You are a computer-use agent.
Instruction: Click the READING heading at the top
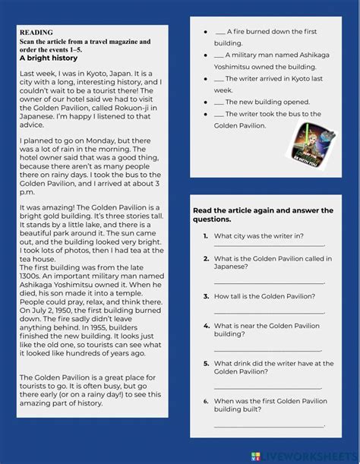tap(36, 32)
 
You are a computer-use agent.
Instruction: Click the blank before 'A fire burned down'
tap(220, 33)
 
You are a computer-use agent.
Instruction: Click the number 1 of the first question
tap(206, 235)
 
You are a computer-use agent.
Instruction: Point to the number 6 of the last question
tap(206, 400)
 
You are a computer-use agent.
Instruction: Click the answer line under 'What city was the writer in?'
tap(269, 246)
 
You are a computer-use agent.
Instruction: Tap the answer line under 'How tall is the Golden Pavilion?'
tap(269, 311)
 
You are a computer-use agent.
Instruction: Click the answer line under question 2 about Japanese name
tap(269, 282)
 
